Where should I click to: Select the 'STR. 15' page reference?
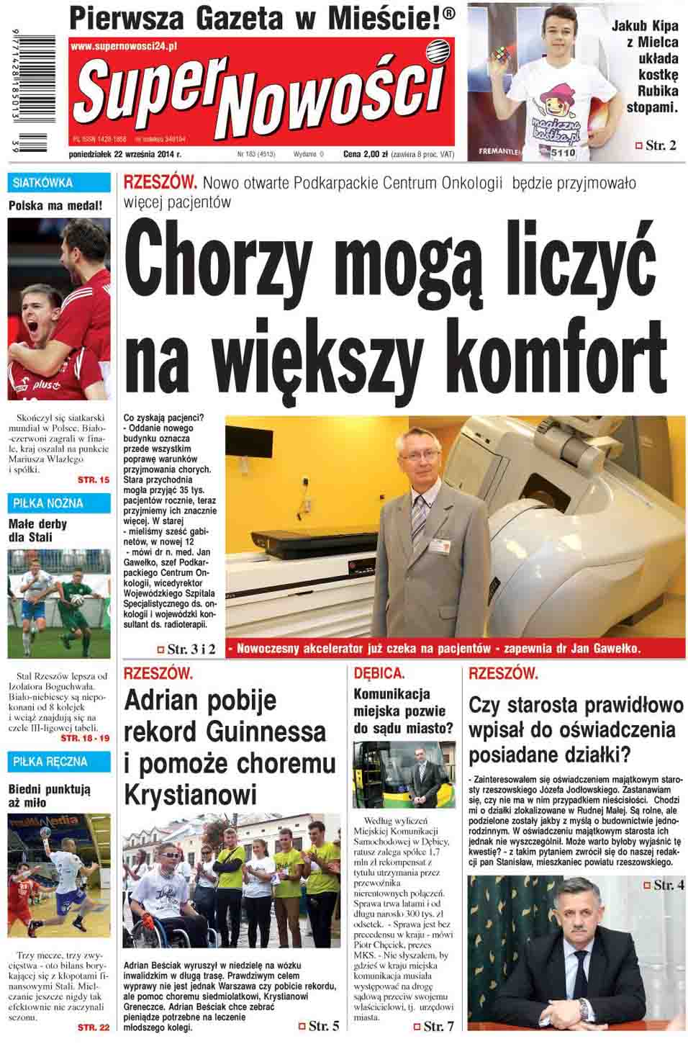click(x=94, y=480)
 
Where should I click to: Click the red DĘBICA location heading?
click(x=379, y=673)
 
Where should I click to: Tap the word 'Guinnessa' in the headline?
click(x=266, y=732)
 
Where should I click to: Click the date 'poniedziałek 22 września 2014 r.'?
click(x=125, y=154)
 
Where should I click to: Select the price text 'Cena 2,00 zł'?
click(x=366, y=154)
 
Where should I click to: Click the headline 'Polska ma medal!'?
click(x=55, y=206)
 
